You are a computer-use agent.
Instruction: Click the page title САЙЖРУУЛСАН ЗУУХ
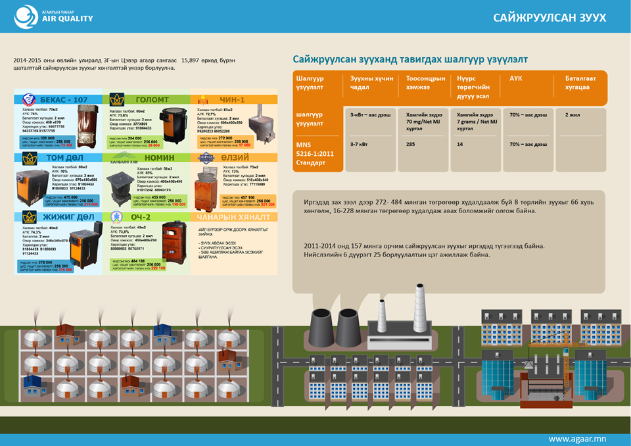549,18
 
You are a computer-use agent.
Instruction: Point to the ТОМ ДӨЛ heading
64,158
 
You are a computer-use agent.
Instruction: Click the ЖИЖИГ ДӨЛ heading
67,216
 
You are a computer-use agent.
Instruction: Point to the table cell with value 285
410,143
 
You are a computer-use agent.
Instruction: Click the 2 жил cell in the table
572,114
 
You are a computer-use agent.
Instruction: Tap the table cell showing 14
460,143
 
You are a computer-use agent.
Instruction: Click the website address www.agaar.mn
577,438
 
